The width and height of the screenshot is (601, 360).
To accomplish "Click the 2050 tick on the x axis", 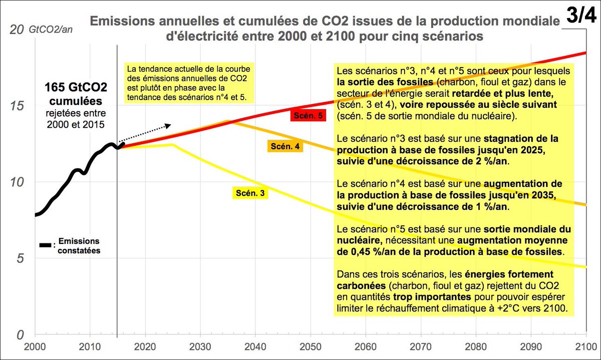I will pyautogui.click(x=310, y=345).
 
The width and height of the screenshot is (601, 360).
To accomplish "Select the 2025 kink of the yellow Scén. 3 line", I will pyautogui.click(x=173, y=145).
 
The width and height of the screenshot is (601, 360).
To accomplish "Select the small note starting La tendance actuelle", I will pyautogui.click(x=188, y=82).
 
